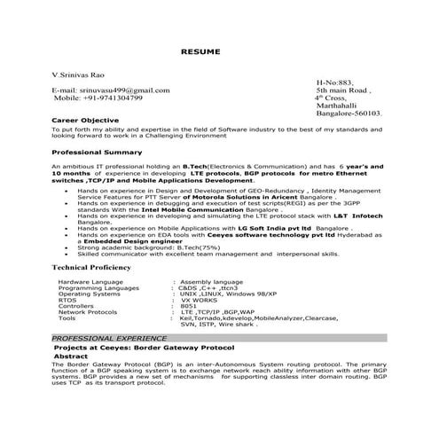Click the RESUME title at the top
(219, 52)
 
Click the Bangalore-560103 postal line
(349, 114)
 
